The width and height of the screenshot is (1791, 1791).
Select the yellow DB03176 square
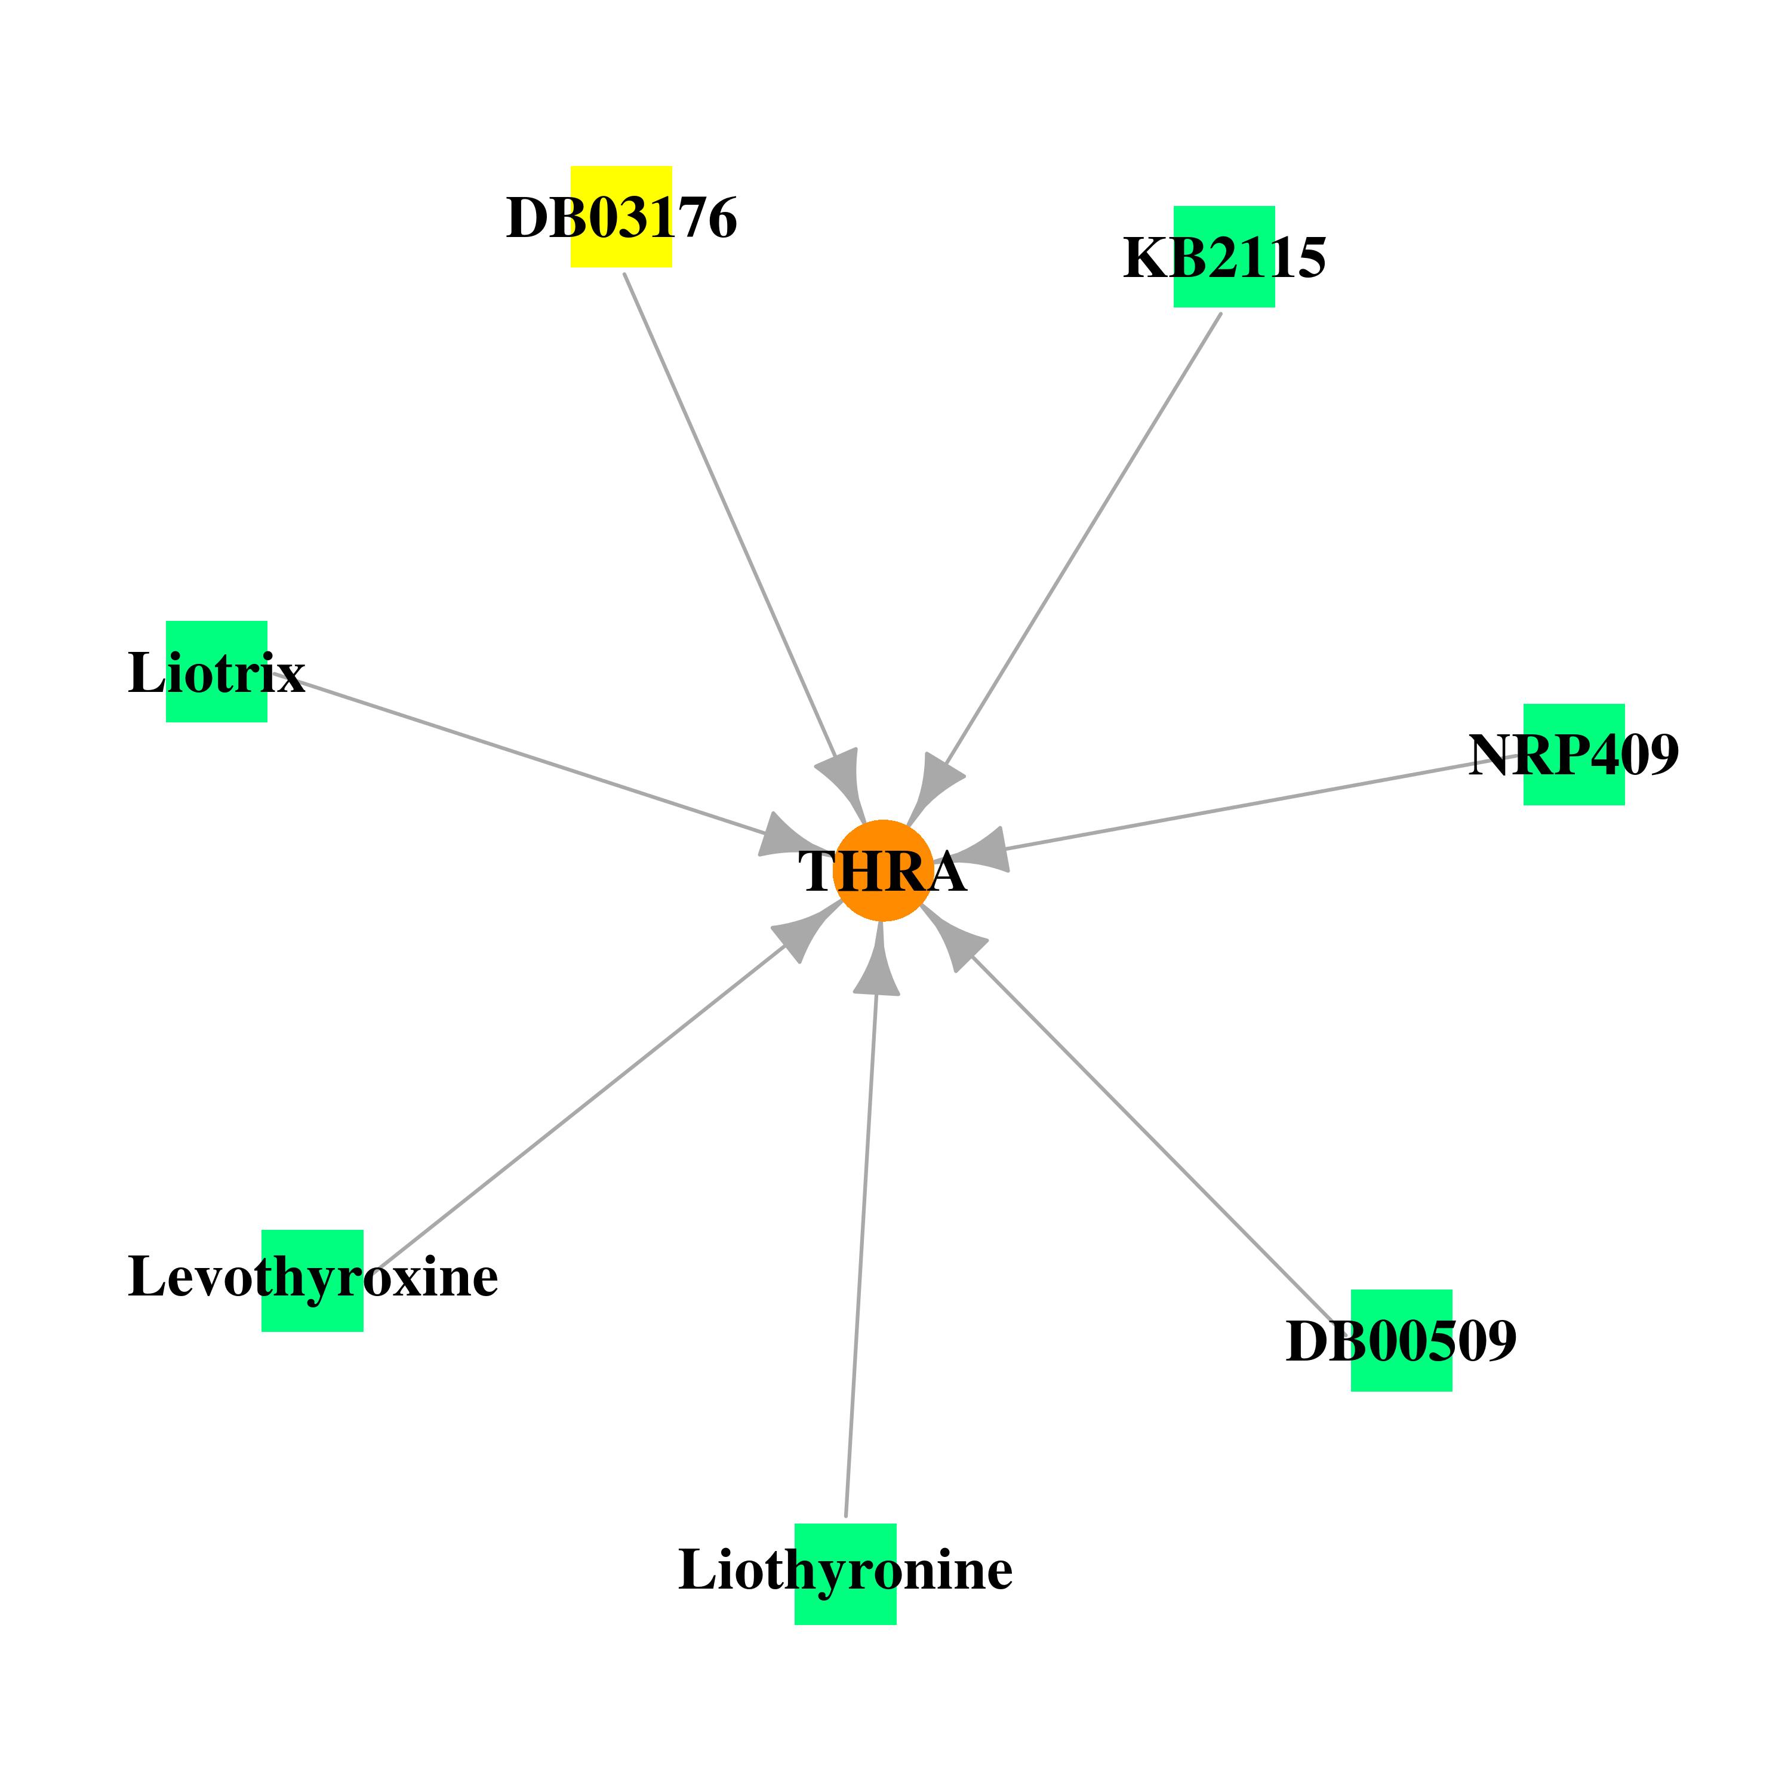point(621,217)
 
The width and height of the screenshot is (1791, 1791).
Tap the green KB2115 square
point(1224,257)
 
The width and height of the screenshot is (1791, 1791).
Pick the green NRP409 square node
point(1574,755)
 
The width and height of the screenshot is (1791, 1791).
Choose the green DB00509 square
point(1402,1340)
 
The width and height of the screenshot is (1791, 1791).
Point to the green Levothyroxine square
point(312,1281)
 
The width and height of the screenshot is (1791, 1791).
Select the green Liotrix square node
point(217,671)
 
